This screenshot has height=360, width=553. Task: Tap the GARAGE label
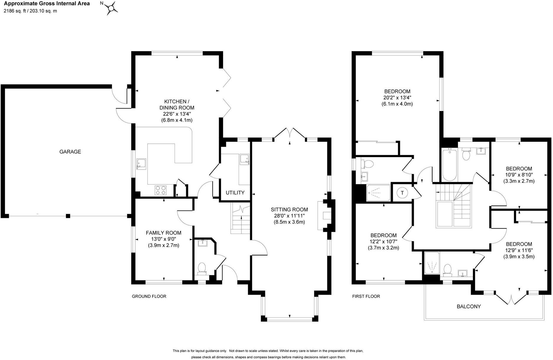70,152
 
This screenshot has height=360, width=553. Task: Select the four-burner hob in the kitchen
161,190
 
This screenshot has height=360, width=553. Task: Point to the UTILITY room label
235,193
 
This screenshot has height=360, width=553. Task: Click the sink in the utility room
245,159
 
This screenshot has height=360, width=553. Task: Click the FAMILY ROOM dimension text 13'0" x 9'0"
163,239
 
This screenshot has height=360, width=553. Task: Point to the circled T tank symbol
402,193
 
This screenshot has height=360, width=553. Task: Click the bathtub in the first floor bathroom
449,165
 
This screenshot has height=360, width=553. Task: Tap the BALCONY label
469,307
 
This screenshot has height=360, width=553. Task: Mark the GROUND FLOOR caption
149,296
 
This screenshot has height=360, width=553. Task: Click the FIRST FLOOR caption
366,296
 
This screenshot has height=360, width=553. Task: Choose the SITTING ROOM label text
289,210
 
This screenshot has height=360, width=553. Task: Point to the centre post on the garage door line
68,216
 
